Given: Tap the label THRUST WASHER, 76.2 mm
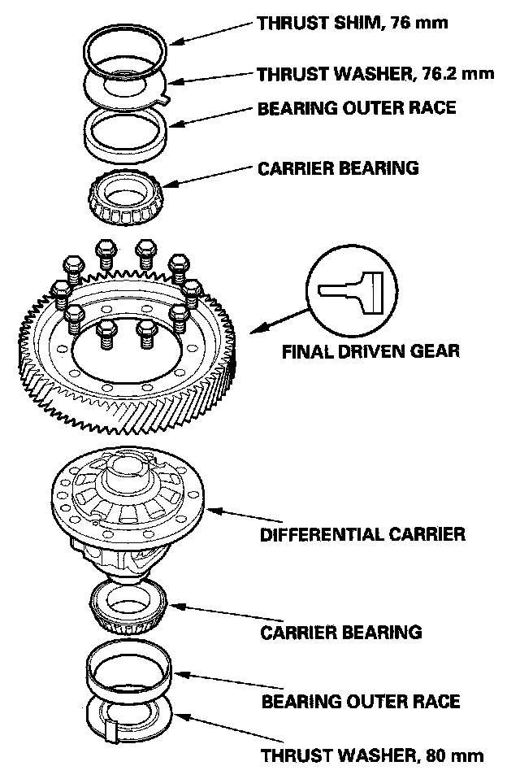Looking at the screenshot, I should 376,75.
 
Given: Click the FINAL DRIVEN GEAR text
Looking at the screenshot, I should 370,351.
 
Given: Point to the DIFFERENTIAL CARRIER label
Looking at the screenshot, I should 362,534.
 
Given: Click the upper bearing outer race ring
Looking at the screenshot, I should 126,130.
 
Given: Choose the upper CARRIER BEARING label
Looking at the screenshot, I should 338,168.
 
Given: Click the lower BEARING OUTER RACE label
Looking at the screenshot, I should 361,701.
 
